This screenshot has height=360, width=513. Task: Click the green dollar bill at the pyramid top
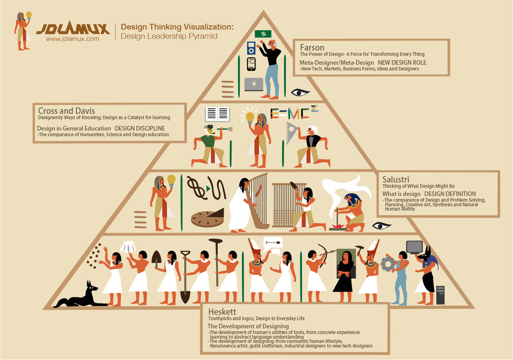tap(263, 34)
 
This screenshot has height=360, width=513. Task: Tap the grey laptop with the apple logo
tap(254, 84)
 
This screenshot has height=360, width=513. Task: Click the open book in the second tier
tap(217, 114)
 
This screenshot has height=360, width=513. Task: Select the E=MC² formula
tap(294, 112)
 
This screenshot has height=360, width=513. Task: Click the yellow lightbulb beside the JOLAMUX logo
tap(29, 15)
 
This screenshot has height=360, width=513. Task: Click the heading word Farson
tap(312, 48)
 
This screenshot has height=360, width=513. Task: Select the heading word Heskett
tap(222, 312)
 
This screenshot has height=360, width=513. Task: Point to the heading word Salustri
tap(396, 180)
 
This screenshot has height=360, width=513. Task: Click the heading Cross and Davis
tap(67, 111)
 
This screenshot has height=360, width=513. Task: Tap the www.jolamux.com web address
tap(72, 39)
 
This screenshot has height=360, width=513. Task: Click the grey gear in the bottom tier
tap(388, 264)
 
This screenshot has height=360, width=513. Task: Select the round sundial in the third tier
tap(207, 218)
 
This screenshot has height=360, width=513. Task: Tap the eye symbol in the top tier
tap(300, 92)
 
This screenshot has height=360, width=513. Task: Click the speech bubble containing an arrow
tap(273, 243)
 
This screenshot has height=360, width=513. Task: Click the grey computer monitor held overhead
tap(414, 247)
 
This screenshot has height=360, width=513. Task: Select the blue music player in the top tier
tap(251, 48)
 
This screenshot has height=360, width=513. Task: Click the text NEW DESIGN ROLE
tap(402, 63)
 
